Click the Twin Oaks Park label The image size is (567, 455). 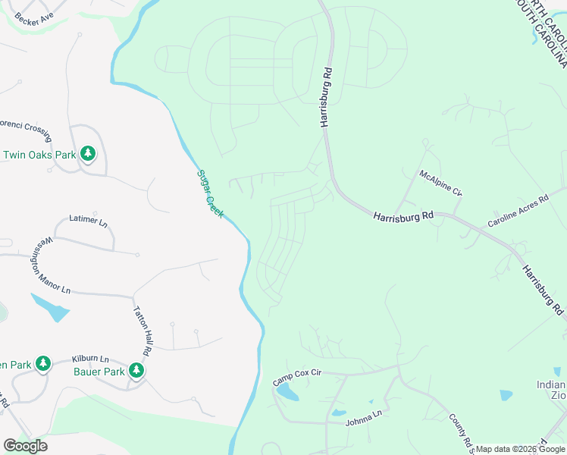39,155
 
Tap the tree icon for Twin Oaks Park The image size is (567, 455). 88,155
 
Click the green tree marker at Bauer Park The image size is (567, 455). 136,371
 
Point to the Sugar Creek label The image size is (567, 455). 210,193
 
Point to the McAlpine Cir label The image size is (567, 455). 441,183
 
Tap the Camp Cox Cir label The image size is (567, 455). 297,378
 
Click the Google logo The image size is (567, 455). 25,446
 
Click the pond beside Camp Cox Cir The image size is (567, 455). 288,393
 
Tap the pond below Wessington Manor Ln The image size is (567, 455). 52,308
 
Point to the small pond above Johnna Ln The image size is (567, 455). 339,413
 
